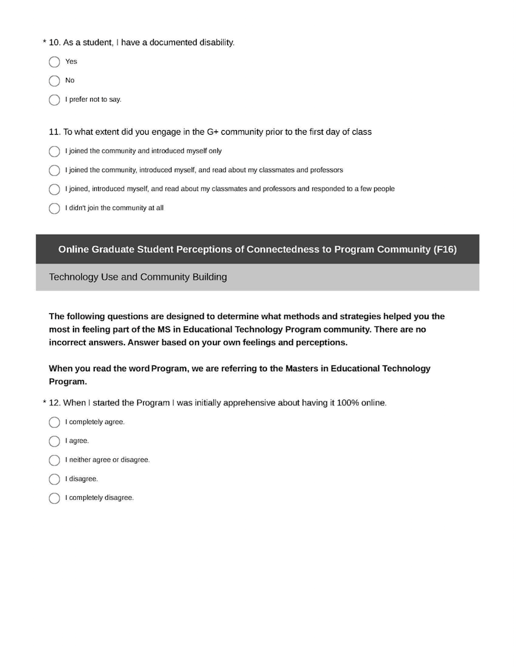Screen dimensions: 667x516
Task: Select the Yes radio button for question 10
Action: tap(54, 62)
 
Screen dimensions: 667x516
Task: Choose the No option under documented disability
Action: tap(54, 81)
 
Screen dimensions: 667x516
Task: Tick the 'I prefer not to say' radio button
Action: tap(54, 100)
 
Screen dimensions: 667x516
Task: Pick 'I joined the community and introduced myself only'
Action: tap(54, 151)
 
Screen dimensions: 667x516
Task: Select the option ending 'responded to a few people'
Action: tap(54, 189)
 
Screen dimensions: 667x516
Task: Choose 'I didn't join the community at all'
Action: tap(54, 209)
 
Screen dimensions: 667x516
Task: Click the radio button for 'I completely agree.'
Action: tap(54, 423)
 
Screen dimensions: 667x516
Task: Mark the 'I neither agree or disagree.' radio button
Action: tap(54, 461)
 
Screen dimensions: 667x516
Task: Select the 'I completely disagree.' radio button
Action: tap(54, 498)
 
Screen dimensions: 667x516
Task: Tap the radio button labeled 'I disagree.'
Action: tap(54, 479)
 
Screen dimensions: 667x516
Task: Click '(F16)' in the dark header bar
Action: tap(445, 249)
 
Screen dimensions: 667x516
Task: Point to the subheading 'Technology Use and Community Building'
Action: tap(138, 277)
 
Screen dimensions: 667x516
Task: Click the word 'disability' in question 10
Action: tap(216, 43)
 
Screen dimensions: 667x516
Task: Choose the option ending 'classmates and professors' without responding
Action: tap(54, 171)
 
